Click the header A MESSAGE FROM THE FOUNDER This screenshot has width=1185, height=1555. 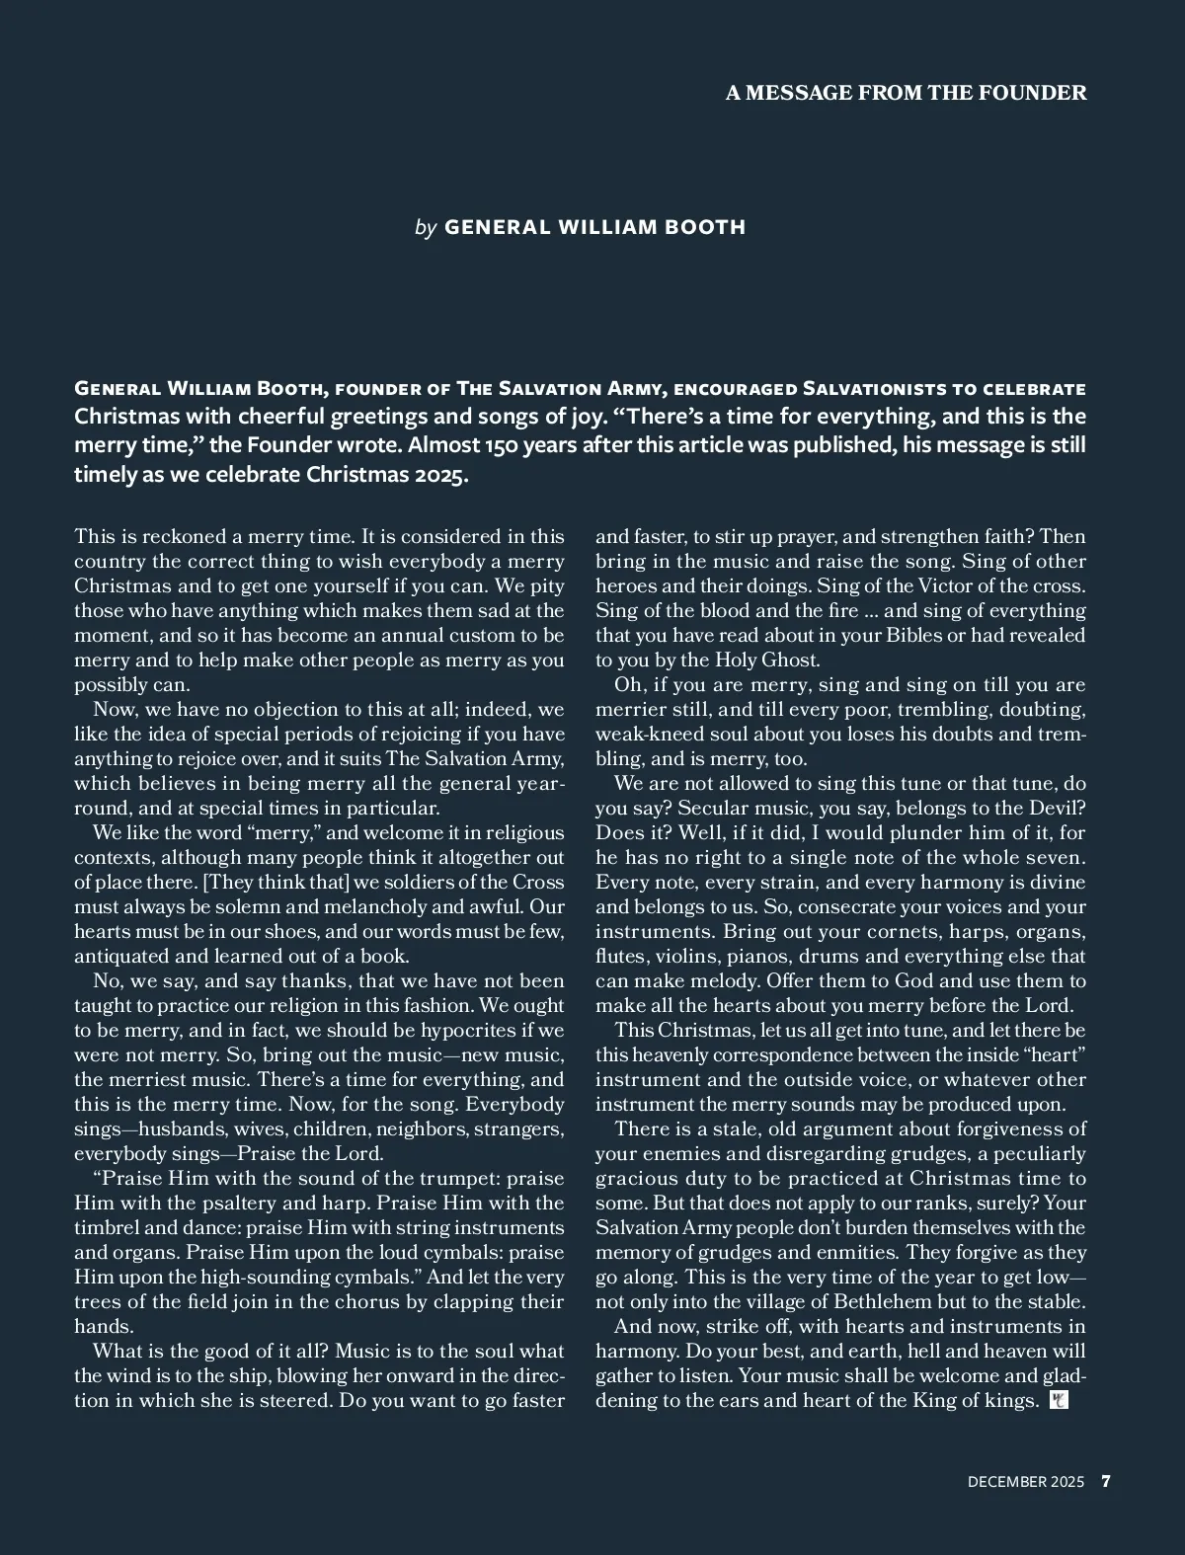pos(906,93)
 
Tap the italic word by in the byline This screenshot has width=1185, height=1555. pos(426,227)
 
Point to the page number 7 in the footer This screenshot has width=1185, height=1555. pos(1106,1481)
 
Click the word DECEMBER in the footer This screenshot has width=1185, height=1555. pos(1007,1481)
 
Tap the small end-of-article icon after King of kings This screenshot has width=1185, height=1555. pos(1059,1401)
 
